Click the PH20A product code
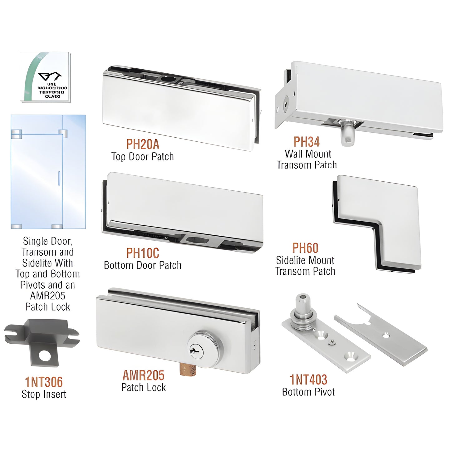click(143, 145)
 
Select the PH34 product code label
click(306, 142)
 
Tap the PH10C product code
click(143, 253)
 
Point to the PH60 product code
click(305, 248)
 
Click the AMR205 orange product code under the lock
click(143, 375)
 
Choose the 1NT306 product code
click(44, 382)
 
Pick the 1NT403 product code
click(308, 380)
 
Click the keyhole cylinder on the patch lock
click(197, 350)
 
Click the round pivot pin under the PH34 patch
click(347, 133)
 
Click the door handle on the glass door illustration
click(58, 178)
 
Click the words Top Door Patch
click(143, 157)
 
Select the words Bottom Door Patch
click(143, 265)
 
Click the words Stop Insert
click(44, 394)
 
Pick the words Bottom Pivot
click(308, 392)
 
